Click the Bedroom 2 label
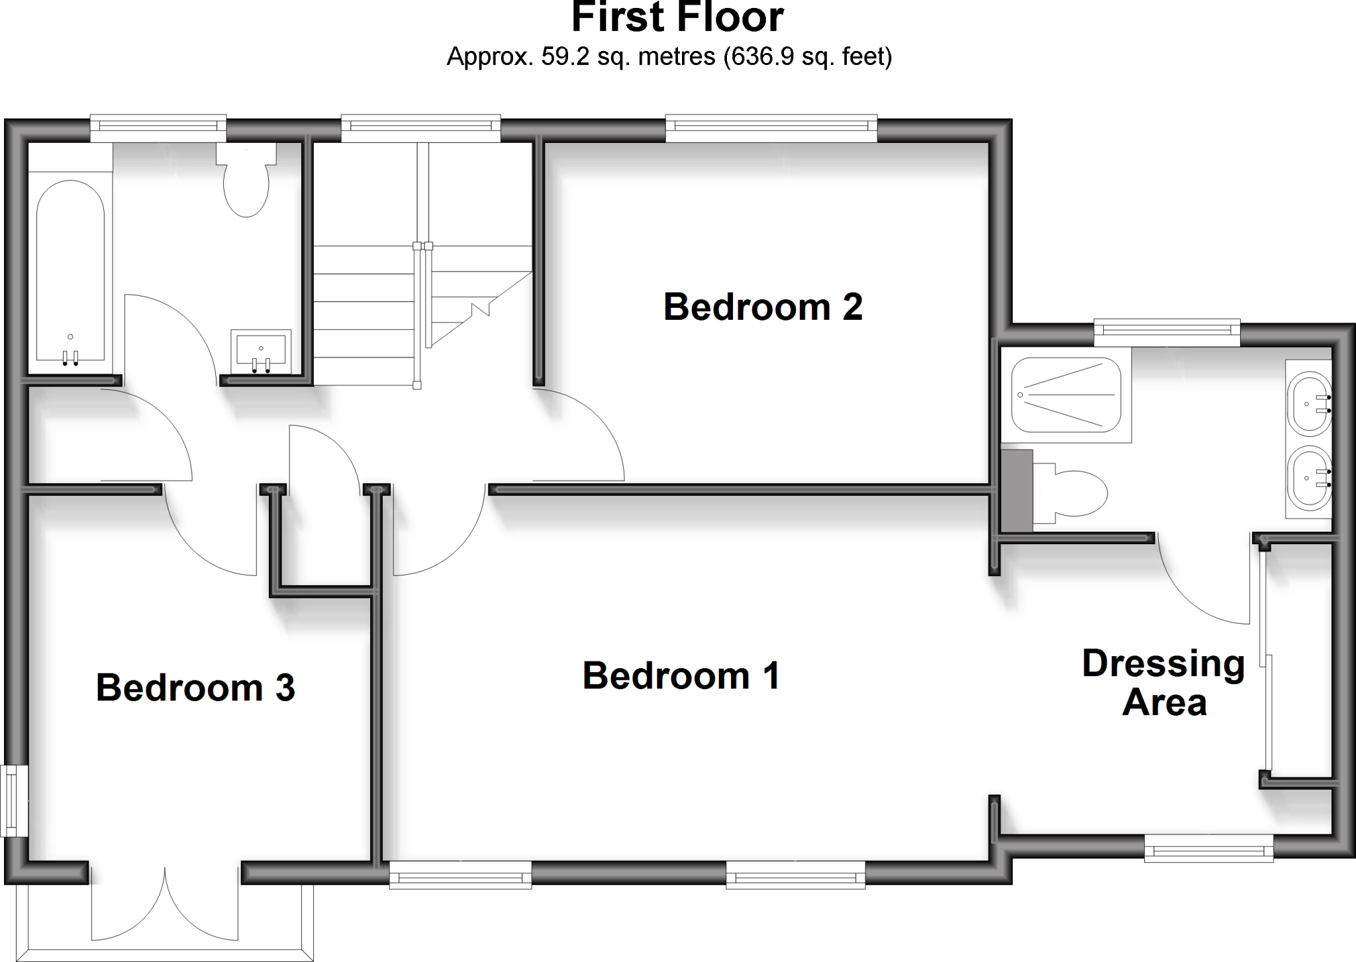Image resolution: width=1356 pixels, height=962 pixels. [763, 307]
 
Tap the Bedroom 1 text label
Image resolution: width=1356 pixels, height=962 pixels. [681, 676]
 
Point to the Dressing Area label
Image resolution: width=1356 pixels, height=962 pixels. [1163, 683]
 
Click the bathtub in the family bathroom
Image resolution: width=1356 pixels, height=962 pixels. [70, 271]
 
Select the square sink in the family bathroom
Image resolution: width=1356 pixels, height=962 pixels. [261, 349]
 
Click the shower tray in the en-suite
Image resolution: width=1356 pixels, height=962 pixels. [1066, 395]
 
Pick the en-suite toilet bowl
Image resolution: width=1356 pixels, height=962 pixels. [1278, 493]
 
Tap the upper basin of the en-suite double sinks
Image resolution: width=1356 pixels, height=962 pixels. [1309, 404]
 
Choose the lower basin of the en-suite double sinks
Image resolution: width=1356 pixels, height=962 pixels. [1309, 478]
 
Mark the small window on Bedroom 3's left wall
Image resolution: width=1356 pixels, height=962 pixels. [14, 800]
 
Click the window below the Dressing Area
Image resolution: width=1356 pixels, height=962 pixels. [1209, 847]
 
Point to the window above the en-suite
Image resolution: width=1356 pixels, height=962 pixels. [1166, 332]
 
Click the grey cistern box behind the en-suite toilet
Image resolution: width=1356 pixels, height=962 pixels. [1017, 490]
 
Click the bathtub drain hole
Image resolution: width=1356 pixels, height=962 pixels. [70, 337]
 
